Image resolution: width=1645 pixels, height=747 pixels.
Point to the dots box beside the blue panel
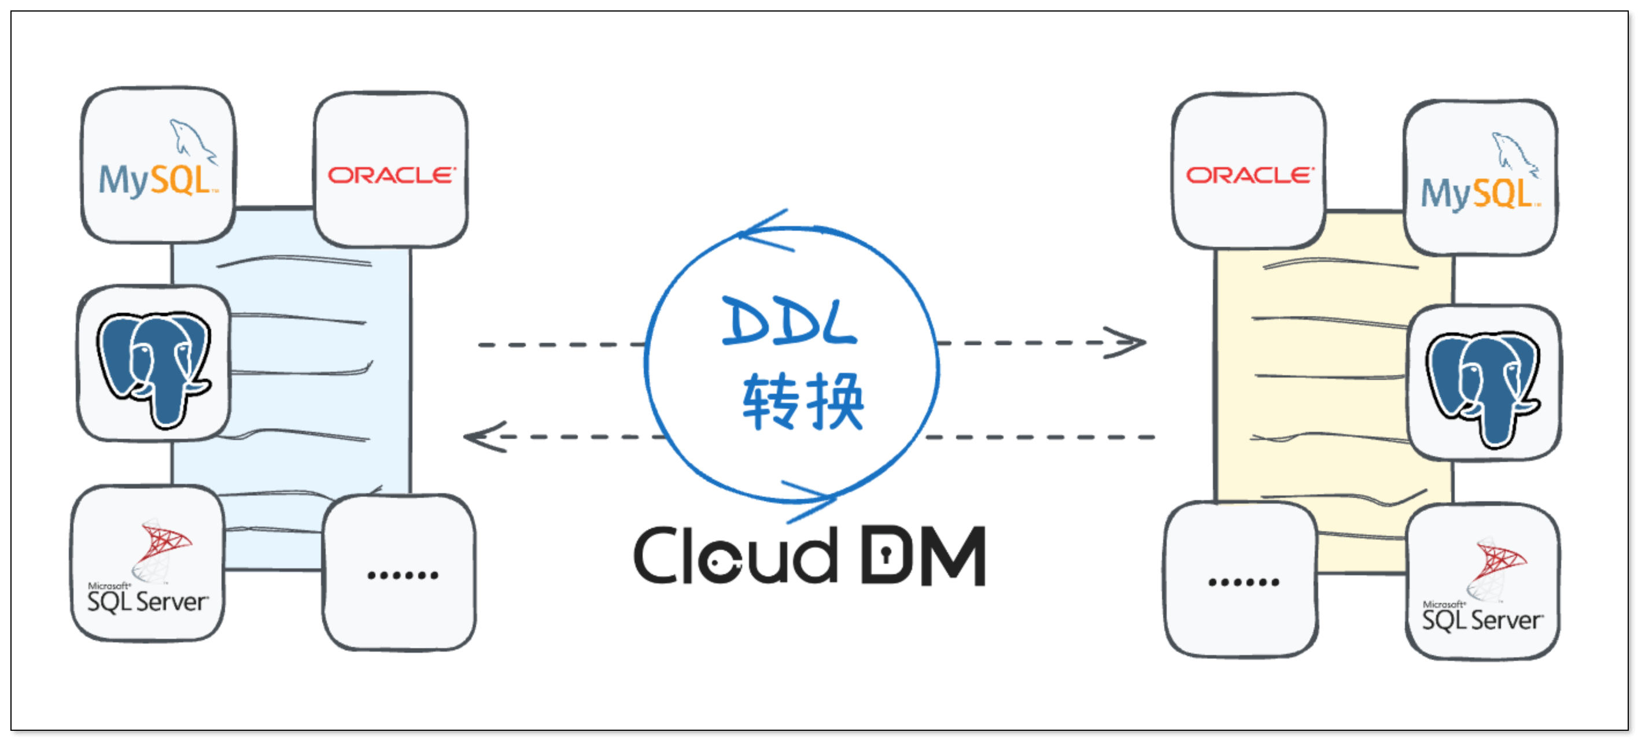pyautogui.click(x=401, y=575)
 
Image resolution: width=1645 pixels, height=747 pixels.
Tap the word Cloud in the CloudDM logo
pyautogui.click(x=735, y=556)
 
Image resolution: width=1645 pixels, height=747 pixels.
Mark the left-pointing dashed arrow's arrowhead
pyautogui.click(x=482, y=437)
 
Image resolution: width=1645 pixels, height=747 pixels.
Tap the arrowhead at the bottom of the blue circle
pyautogui.click(x=814, y=498)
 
